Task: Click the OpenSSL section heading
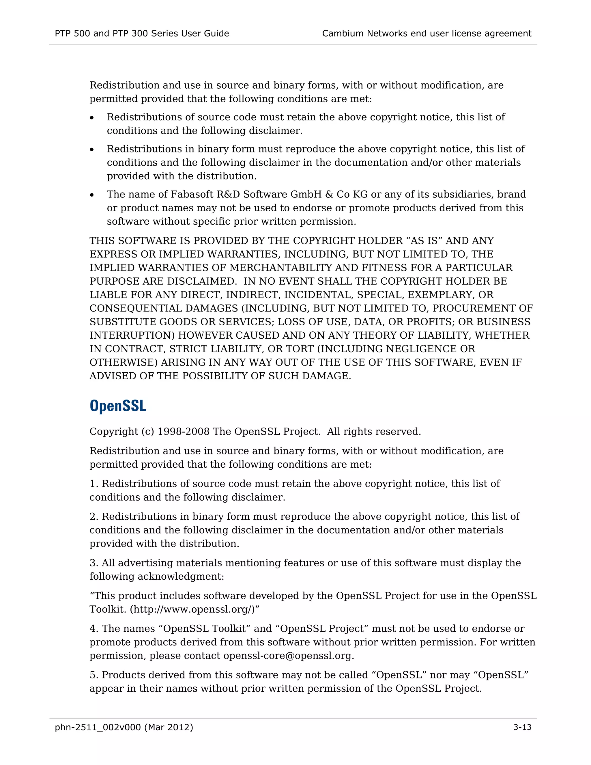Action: coord(118,406)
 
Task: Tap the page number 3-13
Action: coord(522,727)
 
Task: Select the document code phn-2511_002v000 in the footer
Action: coord(98,727)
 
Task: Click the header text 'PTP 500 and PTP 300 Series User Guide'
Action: coord(142,33)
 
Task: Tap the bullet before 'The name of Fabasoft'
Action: coord(92,195)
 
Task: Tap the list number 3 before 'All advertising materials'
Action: coord(93,563)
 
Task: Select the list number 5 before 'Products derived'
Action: coord(93,675)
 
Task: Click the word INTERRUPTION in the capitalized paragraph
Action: coord(132,335)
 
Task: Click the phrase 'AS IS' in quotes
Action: coord(424,241)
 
